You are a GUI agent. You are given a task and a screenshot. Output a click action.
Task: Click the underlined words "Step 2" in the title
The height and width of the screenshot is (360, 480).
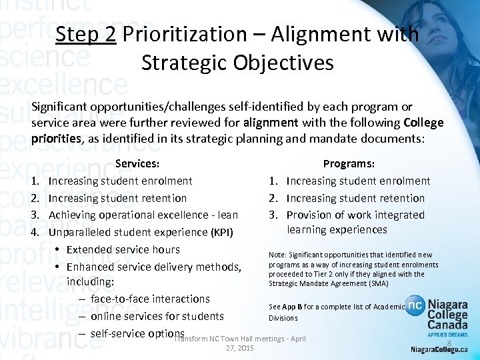(x=86, y=34)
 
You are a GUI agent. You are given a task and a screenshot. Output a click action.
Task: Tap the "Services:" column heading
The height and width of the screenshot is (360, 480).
(x=137, y=163)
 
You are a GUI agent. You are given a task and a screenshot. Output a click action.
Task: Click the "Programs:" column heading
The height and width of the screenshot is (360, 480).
(x=349, y=163)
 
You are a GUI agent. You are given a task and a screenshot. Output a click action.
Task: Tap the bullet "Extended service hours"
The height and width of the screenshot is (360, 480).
(x=123, y=249)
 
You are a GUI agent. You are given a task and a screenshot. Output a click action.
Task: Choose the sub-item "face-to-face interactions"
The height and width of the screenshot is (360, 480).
(x=150, y=299)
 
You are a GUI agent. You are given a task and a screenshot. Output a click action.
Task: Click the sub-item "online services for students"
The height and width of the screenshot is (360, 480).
(x=157, y=316)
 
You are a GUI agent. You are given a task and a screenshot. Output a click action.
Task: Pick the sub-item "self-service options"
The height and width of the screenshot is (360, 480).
(x=137, y=333)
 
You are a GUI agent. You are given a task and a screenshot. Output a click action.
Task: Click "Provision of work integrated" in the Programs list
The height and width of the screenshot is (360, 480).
(x=355, y=215)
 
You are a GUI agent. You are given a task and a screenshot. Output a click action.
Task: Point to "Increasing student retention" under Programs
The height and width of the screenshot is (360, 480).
(x=355, y=198)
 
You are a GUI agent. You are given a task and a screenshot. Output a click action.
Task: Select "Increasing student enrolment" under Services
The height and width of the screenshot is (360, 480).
(x=121, y=181)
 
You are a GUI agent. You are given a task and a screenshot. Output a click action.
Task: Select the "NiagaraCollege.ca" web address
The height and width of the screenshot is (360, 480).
(x=439, y=349)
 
